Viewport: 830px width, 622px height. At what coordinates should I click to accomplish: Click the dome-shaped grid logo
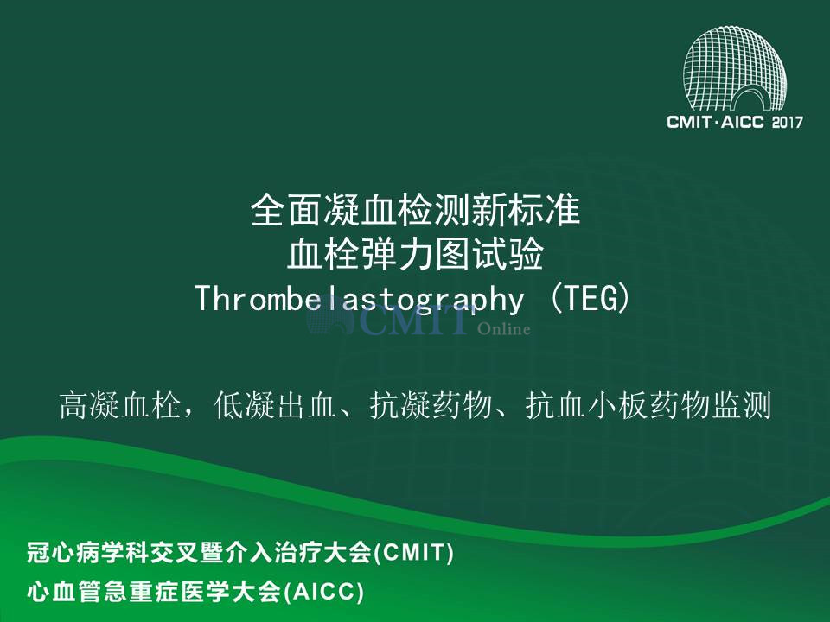pyautogui.click(x=735, y=69)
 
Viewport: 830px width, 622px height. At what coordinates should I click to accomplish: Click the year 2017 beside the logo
pyautogui.click(x=787, y=122)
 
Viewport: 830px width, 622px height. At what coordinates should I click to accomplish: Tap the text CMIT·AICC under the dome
pyautogui.click(x=715, y=122)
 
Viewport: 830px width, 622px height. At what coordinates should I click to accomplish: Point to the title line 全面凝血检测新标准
pyautogui.click(x=416, y=210)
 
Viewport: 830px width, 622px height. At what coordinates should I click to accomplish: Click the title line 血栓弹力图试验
pyautogui.click(x=416, y=254)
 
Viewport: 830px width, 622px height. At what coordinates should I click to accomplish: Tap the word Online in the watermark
pyautogui.click(x=503, y=329)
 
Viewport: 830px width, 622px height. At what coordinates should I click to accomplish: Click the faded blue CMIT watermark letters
pyautogui.click(x=413, y=321)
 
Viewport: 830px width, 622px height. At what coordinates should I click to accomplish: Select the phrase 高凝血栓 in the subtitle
pyautogui.click(x=120, y=406)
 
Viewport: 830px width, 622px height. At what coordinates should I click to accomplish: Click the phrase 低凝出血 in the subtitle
pyautogui.click(x=275, y=406)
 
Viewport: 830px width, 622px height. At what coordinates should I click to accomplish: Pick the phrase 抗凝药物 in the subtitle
pyautogui.click(x=431, y=406)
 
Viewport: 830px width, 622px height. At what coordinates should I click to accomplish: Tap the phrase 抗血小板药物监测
pyautogui.click(x=648, y=406)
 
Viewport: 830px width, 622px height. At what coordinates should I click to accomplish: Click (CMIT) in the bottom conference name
pyautogui.click(x=414, y=553)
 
